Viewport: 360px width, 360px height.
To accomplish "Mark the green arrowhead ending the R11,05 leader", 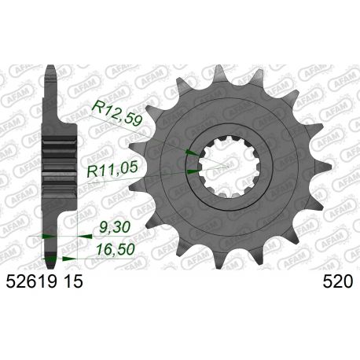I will pyautogui.click(x=193, y=166).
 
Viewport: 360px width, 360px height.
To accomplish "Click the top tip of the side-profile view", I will pyautogui.click(x=50, y=65).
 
